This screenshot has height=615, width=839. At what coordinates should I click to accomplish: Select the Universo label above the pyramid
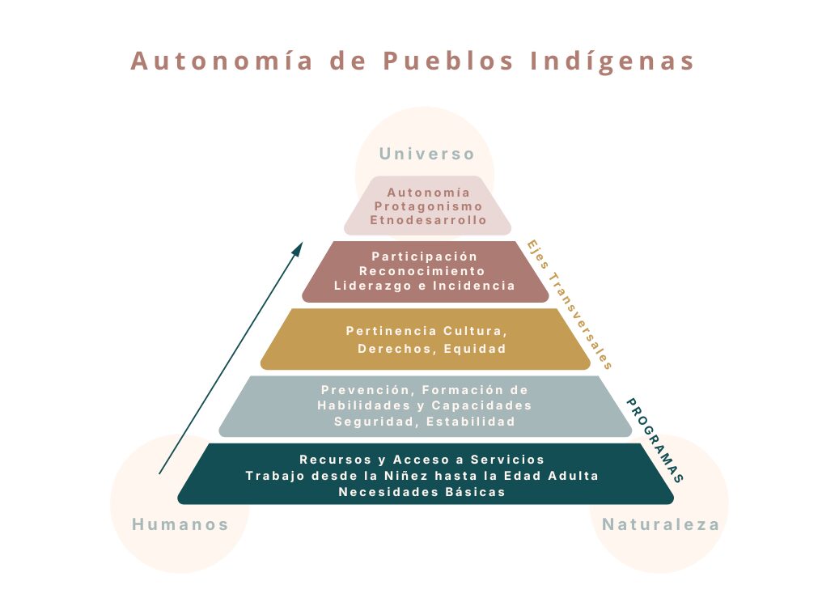coord(426,154)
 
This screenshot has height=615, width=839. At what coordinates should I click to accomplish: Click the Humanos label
coord(180,524)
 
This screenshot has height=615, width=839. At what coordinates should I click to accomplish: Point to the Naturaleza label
coord(660,524)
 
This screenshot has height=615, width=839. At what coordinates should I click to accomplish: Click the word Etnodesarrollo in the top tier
coord(428,220)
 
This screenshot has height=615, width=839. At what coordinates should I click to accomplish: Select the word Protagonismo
coord(428,206)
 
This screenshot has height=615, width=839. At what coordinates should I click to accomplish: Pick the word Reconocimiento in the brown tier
coord(422,271)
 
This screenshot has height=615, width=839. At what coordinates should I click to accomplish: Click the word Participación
coord(425,257)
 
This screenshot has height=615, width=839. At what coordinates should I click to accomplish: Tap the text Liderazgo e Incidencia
coord(425,286)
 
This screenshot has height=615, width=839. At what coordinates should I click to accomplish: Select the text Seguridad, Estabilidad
coord(425,422)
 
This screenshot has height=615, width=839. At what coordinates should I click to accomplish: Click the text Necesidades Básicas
coord(422,491)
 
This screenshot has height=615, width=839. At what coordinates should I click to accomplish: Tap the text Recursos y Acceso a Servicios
coord(422,460)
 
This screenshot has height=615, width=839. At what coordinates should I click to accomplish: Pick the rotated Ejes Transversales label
coord(569,303)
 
